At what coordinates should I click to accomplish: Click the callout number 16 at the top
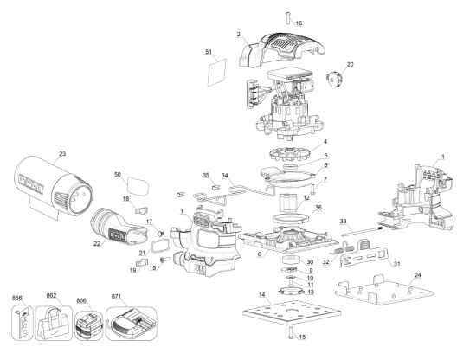coord(299,22)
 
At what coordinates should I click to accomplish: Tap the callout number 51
coord(209,53)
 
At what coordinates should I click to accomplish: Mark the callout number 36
coord(318,208)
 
